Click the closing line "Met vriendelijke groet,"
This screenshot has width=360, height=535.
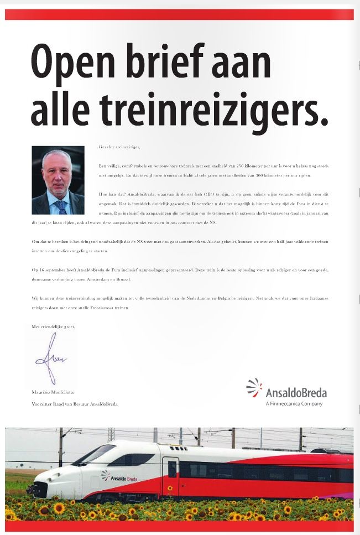click(53, 327)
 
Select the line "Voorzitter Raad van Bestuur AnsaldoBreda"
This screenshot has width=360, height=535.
click(75, 404)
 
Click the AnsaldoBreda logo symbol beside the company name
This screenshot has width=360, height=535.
click(254, 387)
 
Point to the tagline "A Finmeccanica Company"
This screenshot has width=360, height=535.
click(294, 404)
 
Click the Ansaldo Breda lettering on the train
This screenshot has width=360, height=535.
click(124, 477)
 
